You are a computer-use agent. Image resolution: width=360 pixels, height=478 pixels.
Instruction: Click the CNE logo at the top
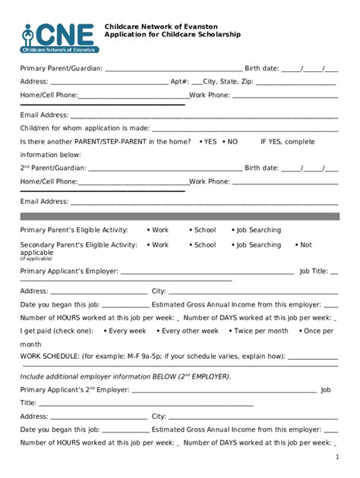pyautogui.click(x=58, y=37)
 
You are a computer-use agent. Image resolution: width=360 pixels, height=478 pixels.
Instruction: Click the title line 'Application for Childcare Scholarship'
pyautogui.click(x=172, y=35)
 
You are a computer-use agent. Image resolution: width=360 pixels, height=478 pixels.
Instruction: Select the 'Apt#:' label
pyautogui.click(x=180, y=81)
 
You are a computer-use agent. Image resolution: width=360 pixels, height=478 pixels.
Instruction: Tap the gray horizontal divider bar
pyautogui.click(x=179, y=216)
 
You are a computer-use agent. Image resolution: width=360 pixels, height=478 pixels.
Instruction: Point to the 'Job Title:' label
pyautogui.click(x=314, y=271)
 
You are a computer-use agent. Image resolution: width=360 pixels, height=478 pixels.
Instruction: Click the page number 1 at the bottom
pyautogui.click(x=336, y=458)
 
